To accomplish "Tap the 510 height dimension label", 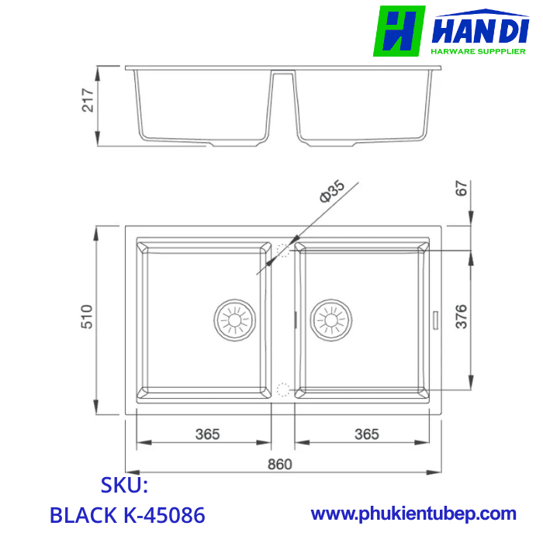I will click(x=88, y=316).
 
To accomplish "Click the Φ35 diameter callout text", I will click(x=332, y=192).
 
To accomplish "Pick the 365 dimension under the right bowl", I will click(x=366, y=434).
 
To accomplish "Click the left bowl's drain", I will click(x=233, y=318).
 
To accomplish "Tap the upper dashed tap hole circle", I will click(x=282, y=251).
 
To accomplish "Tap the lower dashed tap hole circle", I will click(x=282, y=387).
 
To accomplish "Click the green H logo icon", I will click(x=399, y=31).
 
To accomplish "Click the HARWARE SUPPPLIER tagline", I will click(x=482, y=52).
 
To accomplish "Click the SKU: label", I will click(x=124, y=486).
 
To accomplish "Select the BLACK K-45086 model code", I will click(x=127, y=514).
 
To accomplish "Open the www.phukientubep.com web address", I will click(x=413, y=514).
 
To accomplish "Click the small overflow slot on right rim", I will click(x=434, y=318).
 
